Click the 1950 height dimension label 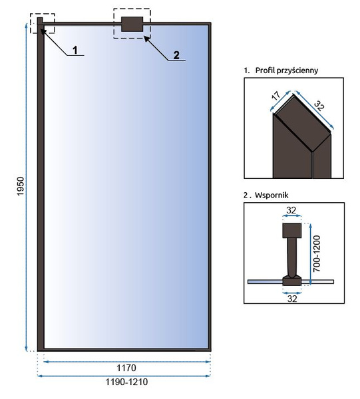tap(21, 186)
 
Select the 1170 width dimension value tap(126, 368)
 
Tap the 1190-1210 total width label tap(126, 382)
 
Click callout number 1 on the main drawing tap(75, 50)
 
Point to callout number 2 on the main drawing tap(176, 55)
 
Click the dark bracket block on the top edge tap(132, 24)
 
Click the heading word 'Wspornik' tap(271, 195)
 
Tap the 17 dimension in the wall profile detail tap(275, 96)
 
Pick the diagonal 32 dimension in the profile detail tap(319, 106)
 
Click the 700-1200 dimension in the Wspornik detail tap(317, 254)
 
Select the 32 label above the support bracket tap(291, 210)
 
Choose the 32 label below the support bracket tap(292, 299)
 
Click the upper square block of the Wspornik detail tap(292, 231)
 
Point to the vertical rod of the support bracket tap(291, 257)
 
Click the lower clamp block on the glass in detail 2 tap(292, 281)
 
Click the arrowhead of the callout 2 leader tap(146, 39)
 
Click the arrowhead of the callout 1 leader tap(43, 31)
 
